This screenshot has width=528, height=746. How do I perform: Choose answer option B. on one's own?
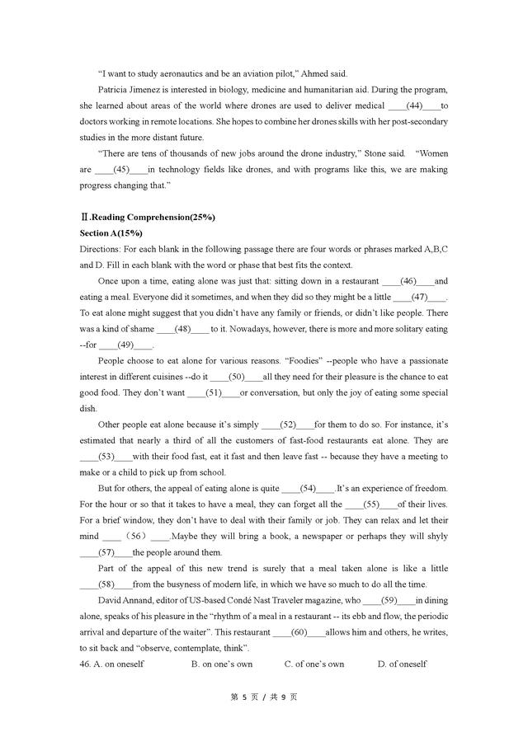click(x=221, y=664)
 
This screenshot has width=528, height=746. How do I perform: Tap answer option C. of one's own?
click(x=313, y=664)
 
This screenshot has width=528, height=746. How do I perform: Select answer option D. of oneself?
click(x=402, y=664)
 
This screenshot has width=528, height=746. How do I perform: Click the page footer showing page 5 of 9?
click(x=263, y=697)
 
